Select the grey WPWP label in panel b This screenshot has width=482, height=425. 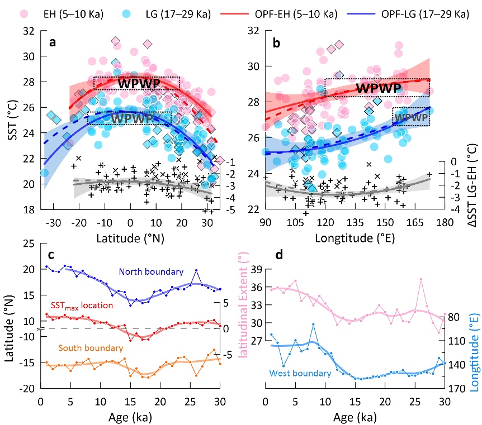[412, 117]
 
